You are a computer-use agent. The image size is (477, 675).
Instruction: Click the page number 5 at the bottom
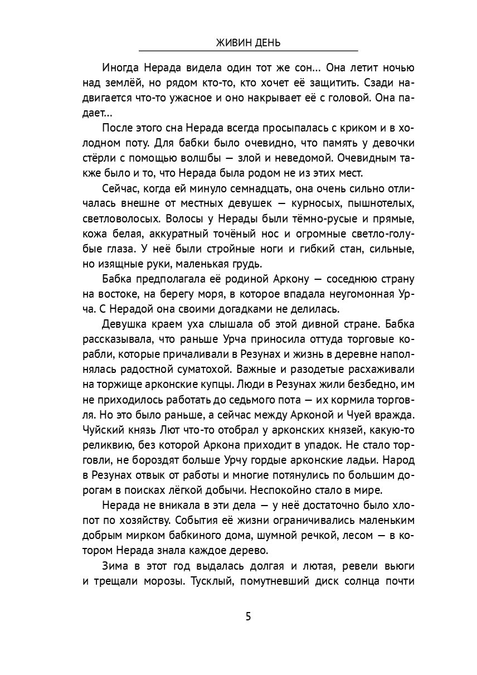pos(248,616)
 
